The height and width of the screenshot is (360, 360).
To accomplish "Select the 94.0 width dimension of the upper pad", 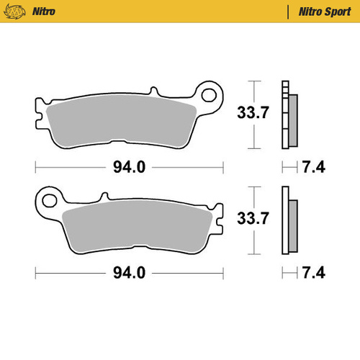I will coord(130,168).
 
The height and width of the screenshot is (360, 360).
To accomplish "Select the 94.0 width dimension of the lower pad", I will coord(130,273).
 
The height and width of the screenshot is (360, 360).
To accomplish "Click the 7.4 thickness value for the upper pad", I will coord(315,168).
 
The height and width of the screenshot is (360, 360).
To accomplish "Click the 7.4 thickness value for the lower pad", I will coord(315,273).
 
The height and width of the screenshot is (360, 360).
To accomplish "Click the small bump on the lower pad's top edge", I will coord(104,195).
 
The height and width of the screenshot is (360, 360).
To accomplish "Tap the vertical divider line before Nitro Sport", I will coord(289,12).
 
